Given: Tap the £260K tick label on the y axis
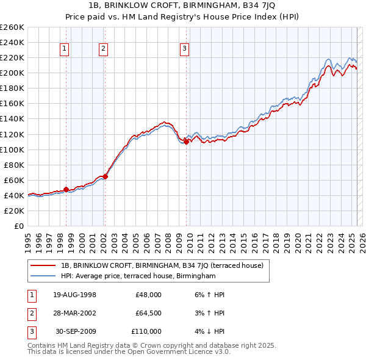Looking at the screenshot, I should coord(12,27).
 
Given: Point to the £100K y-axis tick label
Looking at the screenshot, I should coord(12,149).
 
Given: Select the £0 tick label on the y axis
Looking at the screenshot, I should coord(20,226).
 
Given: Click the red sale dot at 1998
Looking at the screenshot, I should coord(66,189).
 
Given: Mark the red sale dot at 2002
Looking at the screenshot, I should coord(105,176).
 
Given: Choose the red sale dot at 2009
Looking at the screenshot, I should coord(185,142).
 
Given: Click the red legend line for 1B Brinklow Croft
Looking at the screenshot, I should coord(43,265).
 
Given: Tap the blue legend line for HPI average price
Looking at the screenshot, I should coord(43,276).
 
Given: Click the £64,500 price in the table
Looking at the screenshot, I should coord(148,313).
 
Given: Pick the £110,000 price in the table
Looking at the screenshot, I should coord(146,331).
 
